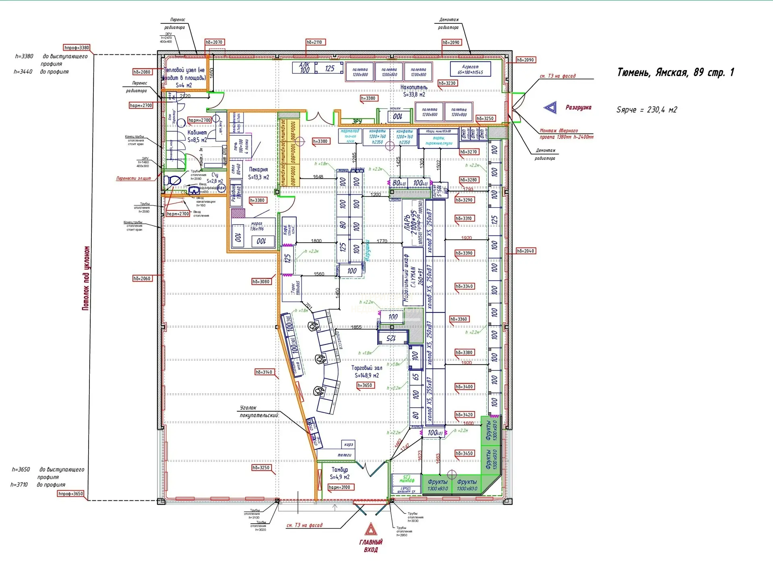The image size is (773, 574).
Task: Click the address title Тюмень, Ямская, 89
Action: coord(675,72)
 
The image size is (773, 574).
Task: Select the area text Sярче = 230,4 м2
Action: coord(647,110)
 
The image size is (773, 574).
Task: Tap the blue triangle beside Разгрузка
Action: coord(550,107)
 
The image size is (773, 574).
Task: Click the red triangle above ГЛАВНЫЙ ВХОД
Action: coord(370,529)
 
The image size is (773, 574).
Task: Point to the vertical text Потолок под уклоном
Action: coord(86,278)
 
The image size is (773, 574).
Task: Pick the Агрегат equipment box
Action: coord(470,69)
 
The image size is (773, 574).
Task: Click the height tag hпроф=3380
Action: coord(76,47)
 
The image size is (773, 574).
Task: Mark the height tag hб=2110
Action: coord(314,42)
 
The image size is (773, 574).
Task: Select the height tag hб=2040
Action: coord(525,251)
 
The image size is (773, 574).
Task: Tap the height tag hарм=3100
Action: coord(339,487)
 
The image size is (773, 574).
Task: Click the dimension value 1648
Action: coord(318,177)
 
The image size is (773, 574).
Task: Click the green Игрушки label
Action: coord(367,250)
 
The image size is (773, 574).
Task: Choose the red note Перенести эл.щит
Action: coord(134,178)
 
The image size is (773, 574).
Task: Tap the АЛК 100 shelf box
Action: coord(304,68)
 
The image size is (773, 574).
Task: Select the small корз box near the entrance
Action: coord(348,444)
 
